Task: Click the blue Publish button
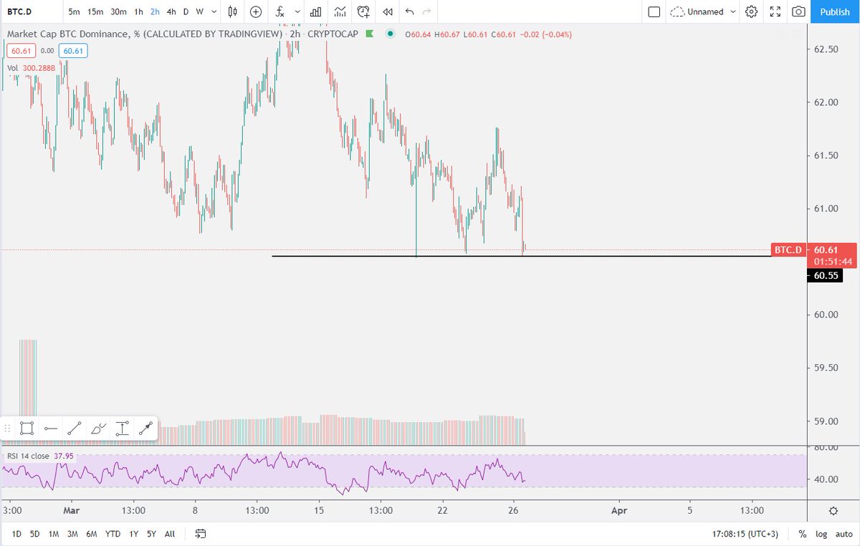[x=835, y=12]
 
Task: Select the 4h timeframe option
[x=171, y=12]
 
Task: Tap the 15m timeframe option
[x=95, y=12]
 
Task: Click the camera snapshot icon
[x=798, y=12]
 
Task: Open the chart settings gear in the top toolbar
[x=751, y=12]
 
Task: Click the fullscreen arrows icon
[x=775, y=12]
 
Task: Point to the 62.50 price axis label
[x=826, y=49]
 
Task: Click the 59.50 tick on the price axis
[x=826, y=368]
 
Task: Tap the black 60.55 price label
[x=825, y=275]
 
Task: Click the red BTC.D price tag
[x=788, y=250]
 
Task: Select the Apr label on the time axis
[x=619, y=511]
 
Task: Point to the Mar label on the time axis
[x=72, y=511]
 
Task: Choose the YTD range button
[x=113, y=534]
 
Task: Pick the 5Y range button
[x=151, y=534]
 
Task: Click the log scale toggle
[x=821, y=534]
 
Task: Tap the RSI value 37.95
[x=63, y=456]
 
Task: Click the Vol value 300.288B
[x=39, y=68]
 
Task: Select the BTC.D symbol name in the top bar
[x=19, y=12]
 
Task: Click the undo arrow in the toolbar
[x=409, y=12]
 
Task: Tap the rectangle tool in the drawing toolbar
[x=27, y=428]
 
